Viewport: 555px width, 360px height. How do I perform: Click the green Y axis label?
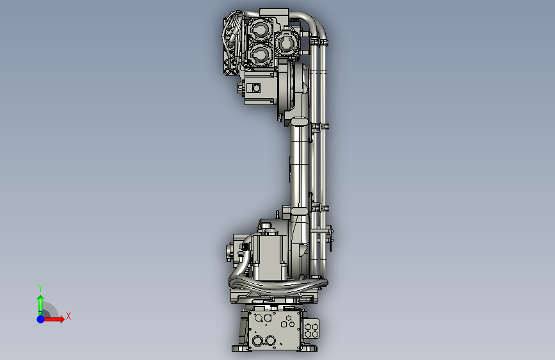40,288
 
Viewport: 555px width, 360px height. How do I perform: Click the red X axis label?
68,316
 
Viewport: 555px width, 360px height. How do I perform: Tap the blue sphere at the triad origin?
41,319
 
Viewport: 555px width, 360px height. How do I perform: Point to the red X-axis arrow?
54,319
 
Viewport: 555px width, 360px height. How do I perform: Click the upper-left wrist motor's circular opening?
260,29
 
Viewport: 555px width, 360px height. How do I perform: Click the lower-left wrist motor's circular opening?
260,54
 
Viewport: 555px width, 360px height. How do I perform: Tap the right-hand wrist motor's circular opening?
287,44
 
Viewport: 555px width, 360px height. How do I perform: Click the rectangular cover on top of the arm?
274,13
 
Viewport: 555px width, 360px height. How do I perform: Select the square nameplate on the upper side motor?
254,88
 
